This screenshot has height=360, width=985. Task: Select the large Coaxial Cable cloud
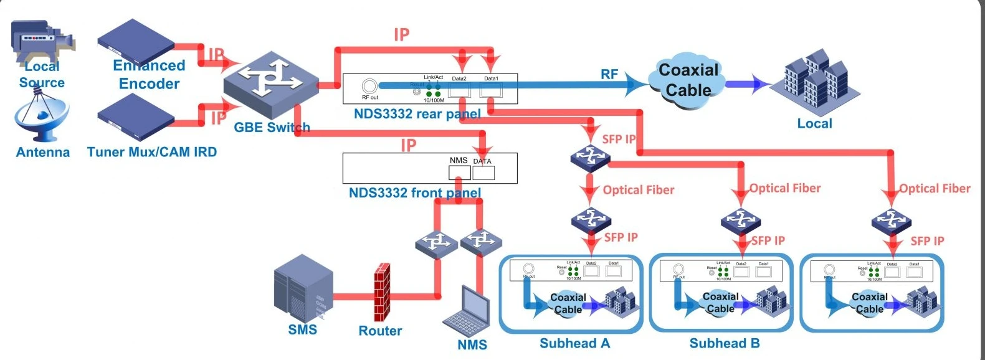tap(688, 80)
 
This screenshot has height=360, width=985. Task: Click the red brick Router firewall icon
tap(382, 292)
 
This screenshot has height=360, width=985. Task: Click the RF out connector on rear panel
tap(369, 86)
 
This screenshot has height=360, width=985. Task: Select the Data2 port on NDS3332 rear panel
tap(459, 90)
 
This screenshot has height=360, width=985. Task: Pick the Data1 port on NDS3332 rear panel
tap(491, 90)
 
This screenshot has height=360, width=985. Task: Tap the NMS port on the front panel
tap(459, 172)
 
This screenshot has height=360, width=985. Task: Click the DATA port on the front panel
tap(483, 173)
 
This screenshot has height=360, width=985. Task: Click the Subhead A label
tap(574, 343)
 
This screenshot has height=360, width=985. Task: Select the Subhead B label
tap(725, 343)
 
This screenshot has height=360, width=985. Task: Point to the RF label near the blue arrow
tap(609, 75)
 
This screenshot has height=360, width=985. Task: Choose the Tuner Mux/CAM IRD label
tap(152, 152)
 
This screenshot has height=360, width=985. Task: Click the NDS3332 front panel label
tap(414, 192)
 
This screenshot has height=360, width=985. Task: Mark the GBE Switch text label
tap(272, 128)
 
